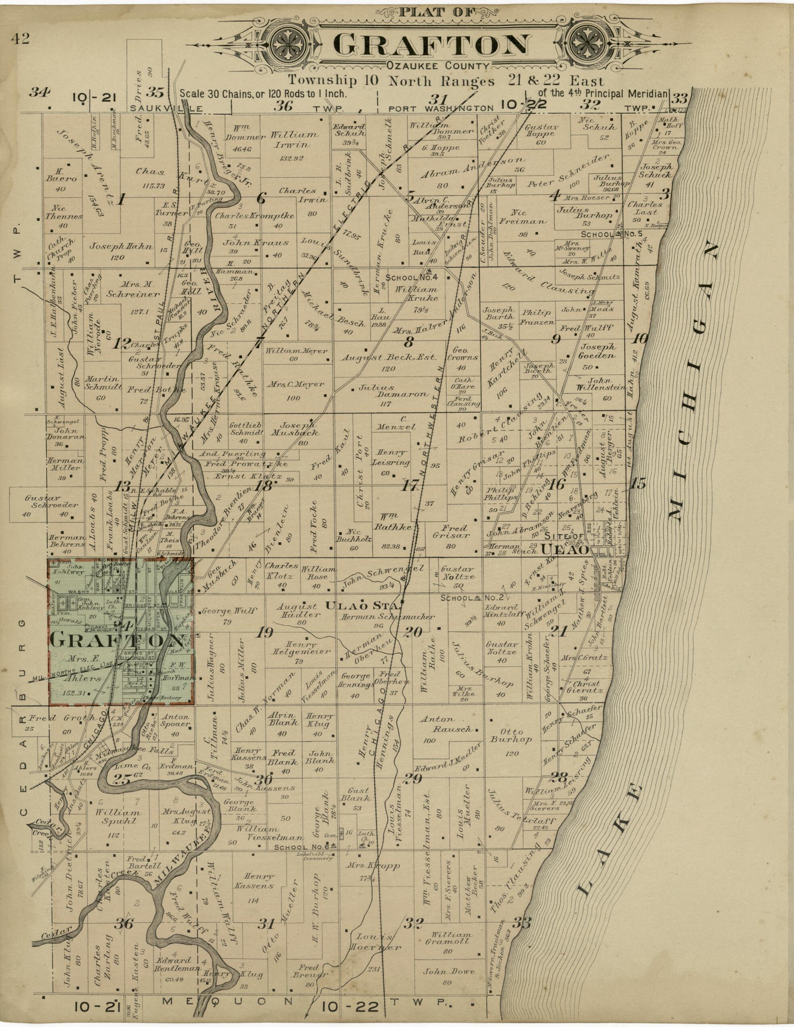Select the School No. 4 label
[x=412, y=277]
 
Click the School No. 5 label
[x=605, y=234]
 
